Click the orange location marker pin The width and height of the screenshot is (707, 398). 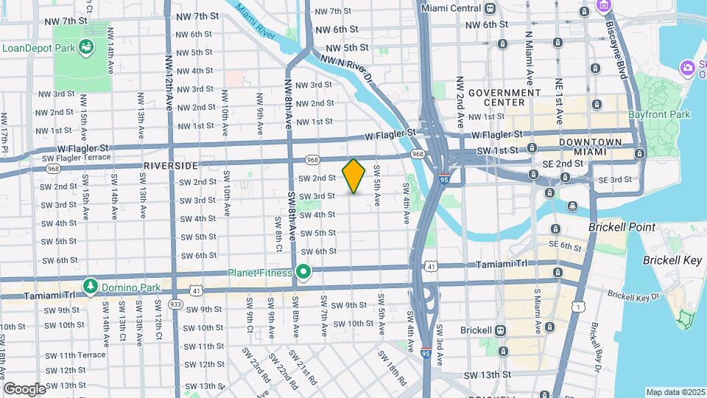[x=354, y=175]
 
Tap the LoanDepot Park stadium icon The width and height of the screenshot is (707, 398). [x=88, y=48]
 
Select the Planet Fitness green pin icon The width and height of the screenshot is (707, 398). [x=303, y=273]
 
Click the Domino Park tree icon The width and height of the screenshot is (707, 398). [x=90, y=285]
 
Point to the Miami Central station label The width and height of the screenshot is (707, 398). [x=450, y=8]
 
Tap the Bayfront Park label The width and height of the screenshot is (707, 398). [x=659, y=115]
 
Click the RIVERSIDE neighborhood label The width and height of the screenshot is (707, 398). [x=172, y=165]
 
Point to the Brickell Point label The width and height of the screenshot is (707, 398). [x=616, y=228]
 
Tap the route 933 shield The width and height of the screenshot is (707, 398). [x=175, y=304]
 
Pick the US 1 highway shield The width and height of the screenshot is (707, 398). [x=581, y=305]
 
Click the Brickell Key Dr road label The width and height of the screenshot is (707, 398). [x=633, y=297]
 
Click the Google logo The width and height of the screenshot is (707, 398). [x=24, y=389]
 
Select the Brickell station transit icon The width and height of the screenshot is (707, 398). [x=501, y=330]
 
